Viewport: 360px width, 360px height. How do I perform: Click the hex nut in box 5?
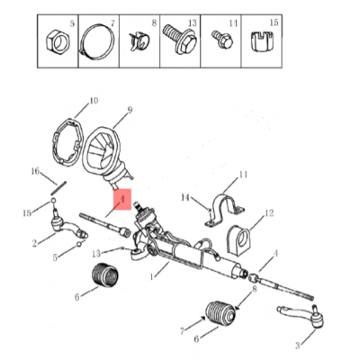[x=58, y=40]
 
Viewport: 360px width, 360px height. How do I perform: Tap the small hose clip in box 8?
[x=139, y=42]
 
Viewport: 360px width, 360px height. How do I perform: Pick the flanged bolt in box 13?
[x=180, y=40]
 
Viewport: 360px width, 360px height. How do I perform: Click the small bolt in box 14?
[x=222, y=40]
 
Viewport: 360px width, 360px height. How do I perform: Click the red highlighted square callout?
[x=122, y=199]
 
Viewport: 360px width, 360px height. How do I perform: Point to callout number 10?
[x=94, y=100]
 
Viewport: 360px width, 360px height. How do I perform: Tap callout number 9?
[x=130, y=110]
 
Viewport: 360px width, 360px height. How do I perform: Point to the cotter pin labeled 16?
[x=59, y=187]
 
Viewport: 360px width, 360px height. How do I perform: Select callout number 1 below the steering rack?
[x=152, y=275]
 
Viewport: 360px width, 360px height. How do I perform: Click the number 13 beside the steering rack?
[x=96, y=254]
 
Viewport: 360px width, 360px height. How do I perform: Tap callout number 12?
[x=269, y=213]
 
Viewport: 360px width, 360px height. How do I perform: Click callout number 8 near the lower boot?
[x=255, y=289]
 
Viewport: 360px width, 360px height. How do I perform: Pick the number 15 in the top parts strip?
[x=274, y=22]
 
